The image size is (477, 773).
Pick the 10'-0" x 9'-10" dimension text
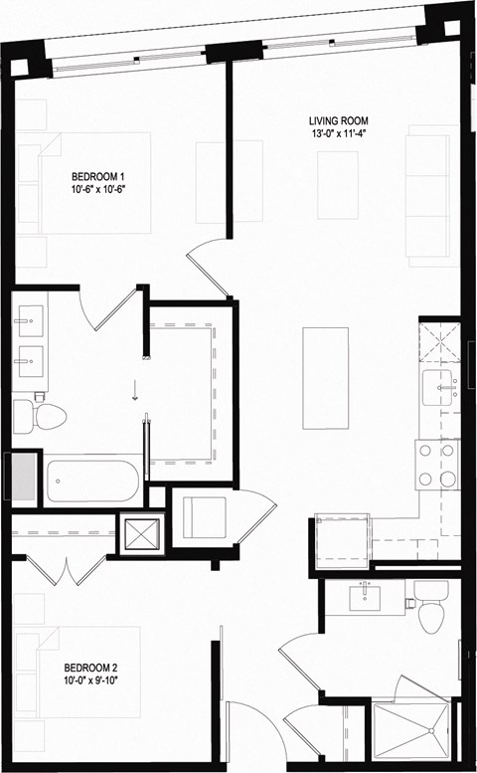pos(92,681)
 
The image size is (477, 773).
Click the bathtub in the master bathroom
pos(94,481)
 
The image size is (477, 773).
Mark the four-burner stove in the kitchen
pos(437,465)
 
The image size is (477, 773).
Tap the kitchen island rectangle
pos(325,379)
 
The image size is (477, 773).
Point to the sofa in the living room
pos(433,194)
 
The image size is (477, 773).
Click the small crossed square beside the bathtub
pos(139,535)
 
